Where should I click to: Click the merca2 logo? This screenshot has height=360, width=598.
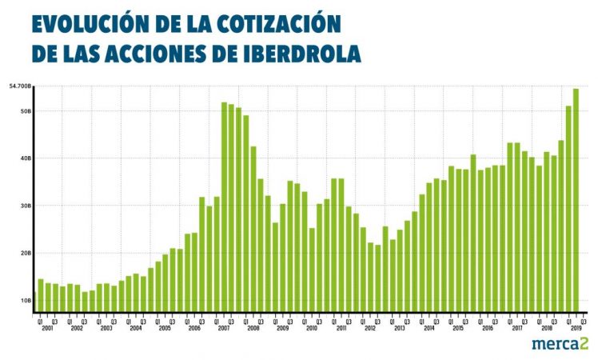pos(560,343)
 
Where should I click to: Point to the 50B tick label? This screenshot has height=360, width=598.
pos(26,111)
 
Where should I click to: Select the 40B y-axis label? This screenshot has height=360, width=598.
pos(26,158)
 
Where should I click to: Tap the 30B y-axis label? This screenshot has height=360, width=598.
pos(26,206)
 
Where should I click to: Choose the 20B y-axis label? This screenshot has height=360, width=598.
pos(26,253)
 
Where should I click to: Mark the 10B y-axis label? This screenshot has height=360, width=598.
pos(26,300)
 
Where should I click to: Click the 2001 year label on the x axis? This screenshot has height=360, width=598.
pos(47,329)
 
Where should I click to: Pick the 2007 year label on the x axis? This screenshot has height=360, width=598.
pos(224,329)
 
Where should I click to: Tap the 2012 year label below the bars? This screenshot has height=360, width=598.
pos(370,329)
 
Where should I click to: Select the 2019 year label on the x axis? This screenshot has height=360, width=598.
pos(575,329)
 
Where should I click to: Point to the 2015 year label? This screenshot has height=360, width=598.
pos(458,329)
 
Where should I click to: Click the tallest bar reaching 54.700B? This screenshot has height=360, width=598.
pos(576,200)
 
